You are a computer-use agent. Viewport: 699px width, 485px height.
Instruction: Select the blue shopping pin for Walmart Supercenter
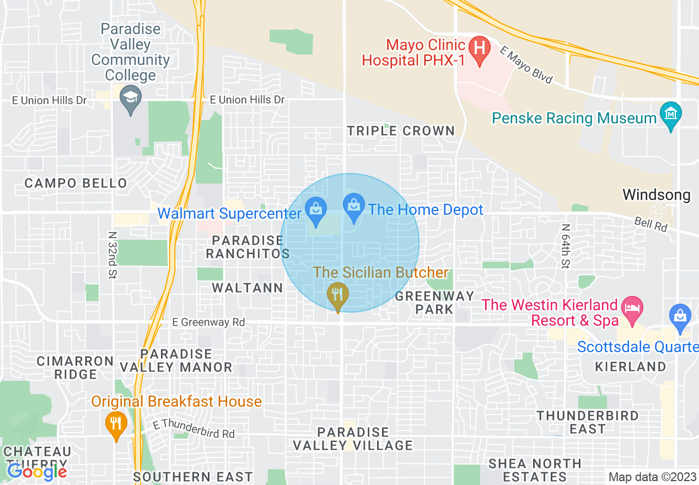(x=316, y=212)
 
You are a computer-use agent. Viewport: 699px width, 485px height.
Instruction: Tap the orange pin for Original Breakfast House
(x=116, y=424)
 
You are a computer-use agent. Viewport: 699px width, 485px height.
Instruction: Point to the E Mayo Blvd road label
(x=526, y=64)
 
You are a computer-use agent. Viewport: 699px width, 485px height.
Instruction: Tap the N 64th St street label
(x=565, y=246)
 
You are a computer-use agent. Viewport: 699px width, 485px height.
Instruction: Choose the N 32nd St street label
(x=112, y=255)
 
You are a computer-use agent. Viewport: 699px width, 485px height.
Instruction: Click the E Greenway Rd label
(x=208, y=322)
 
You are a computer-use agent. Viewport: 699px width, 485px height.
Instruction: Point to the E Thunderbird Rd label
(x=193, y=429)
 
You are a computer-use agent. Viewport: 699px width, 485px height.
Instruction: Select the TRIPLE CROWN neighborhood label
(x=401, y=131)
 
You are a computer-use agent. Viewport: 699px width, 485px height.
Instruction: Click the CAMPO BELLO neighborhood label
(x=76, y=183)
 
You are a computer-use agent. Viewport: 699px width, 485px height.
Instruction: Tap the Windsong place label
(x=656, y=195)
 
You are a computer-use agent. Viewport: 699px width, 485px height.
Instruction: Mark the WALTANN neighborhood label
(x=248, y=288)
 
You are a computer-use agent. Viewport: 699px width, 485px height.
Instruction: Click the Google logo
(x=37, y=472)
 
